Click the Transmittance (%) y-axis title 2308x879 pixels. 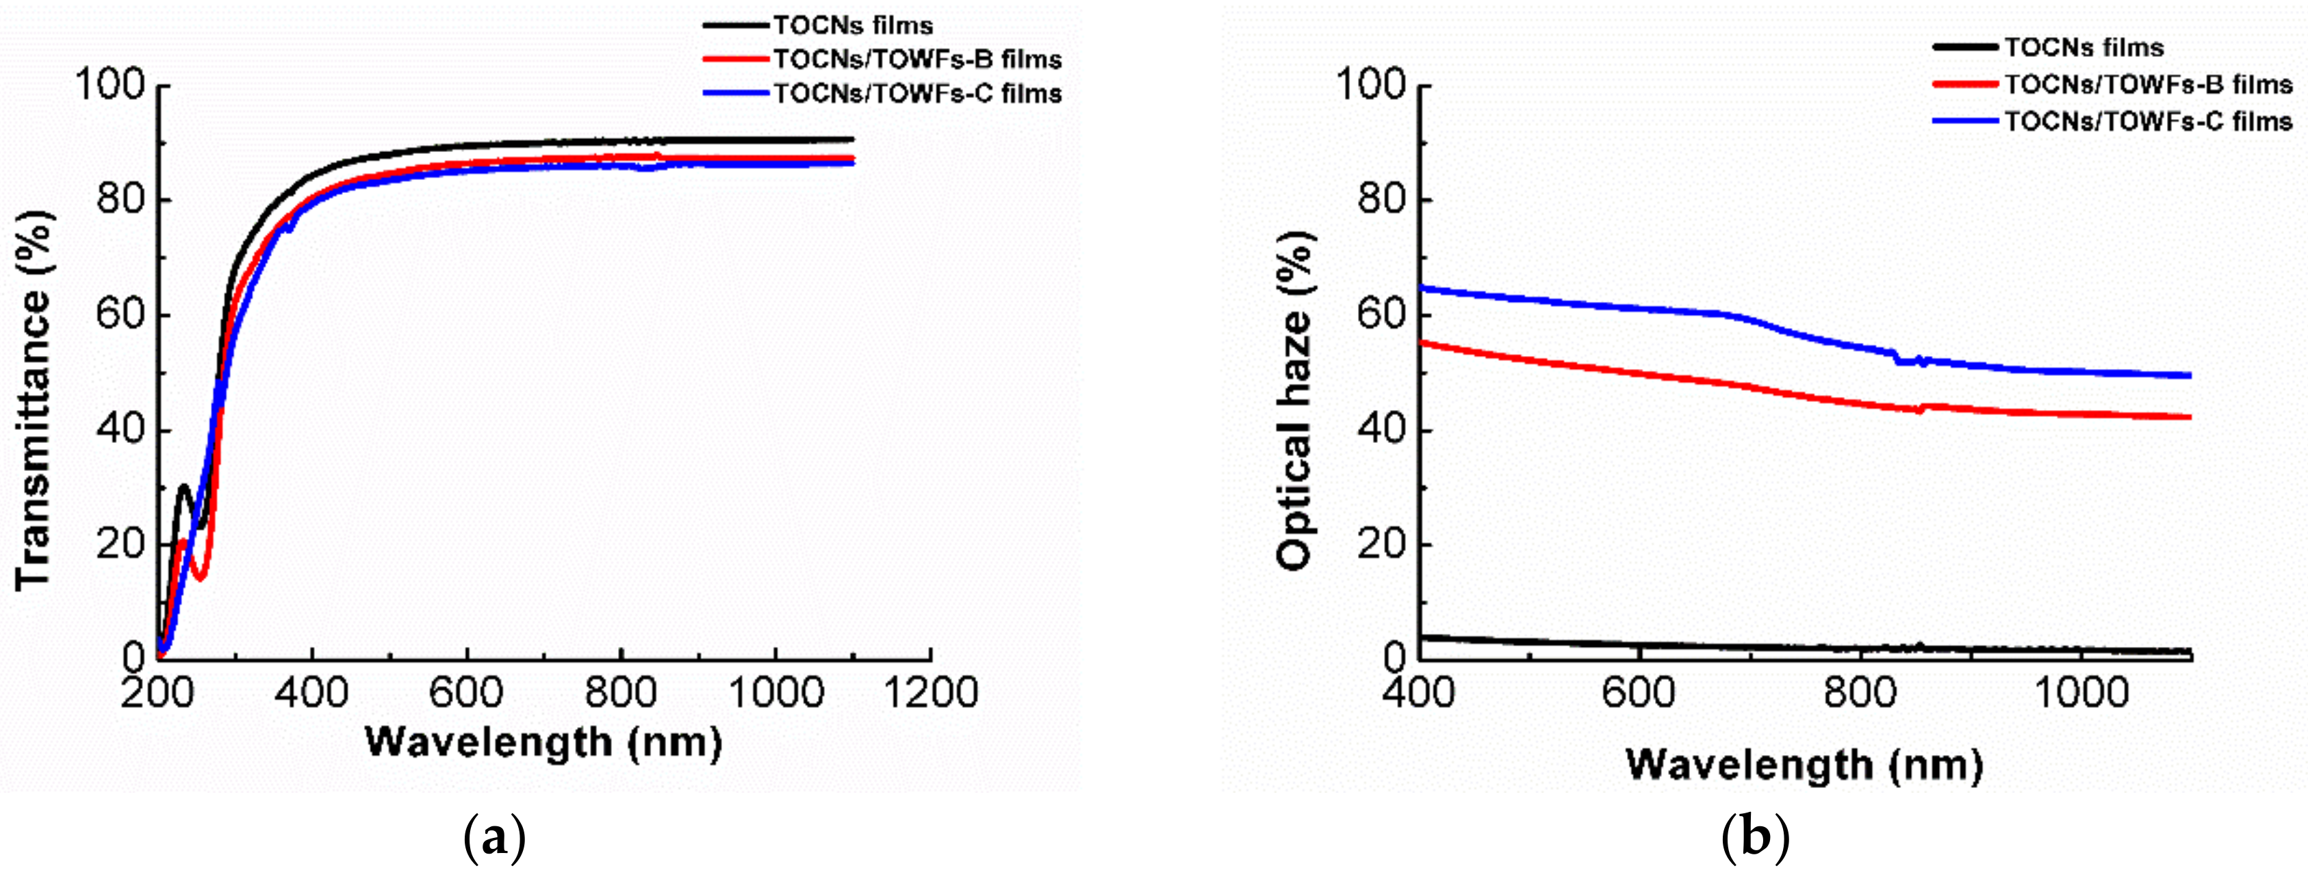tap(34, 400)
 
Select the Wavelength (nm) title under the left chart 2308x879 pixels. tap(543, 743)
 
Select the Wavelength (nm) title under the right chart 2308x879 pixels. tap(1804, 764)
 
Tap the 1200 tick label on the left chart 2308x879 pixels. tap(930, 693)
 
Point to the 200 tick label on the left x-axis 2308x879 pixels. tap(157, 693)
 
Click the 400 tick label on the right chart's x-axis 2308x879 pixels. tap(1418, 693)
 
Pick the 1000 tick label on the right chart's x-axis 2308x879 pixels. tap(2081, 693)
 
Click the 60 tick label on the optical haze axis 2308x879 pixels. tap(1381, 316)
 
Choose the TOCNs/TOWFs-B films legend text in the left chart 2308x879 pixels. tap(917, 59)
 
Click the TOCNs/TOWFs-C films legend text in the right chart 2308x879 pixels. tap(2148, 121)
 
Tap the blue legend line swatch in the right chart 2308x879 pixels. tap(1966, 121)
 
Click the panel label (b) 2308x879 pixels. tap(1755, 839)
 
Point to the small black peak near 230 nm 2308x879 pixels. tap(183, 487)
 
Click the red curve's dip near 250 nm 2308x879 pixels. tap(200, 576)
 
